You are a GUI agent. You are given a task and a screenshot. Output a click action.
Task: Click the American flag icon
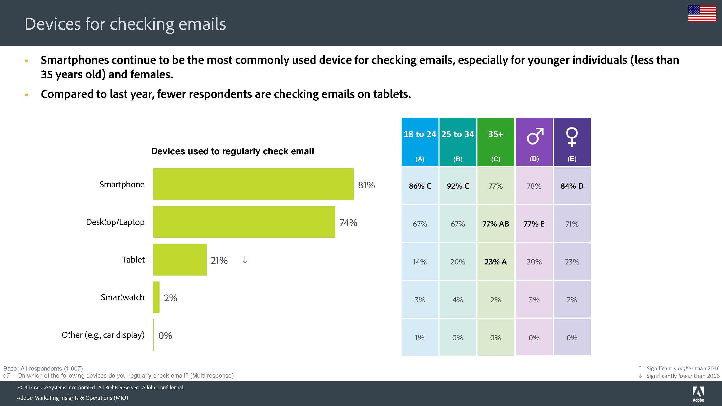702,14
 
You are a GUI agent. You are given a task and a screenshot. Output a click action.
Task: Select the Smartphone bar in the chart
253,184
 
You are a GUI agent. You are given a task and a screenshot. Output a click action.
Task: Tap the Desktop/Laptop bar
244,222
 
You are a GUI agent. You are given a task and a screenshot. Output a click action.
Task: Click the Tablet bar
180,260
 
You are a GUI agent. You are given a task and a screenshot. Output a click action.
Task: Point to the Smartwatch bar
156,297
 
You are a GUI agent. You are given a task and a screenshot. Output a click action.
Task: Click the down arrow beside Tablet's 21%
245,260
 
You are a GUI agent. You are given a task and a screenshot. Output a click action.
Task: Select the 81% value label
366,185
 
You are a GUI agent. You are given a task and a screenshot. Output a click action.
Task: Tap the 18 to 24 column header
419,142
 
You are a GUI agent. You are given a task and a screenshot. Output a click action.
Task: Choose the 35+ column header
496,142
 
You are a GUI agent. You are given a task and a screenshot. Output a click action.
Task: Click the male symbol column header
534,142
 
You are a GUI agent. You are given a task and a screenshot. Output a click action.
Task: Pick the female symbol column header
572,142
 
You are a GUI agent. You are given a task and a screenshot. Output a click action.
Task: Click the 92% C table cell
458,186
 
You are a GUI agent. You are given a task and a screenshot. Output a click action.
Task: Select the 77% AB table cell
496,224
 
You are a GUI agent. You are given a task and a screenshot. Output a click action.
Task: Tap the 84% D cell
572,186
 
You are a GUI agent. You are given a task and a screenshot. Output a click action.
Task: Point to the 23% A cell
496,262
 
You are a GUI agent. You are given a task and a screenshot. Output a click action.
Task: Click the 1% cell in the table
419,338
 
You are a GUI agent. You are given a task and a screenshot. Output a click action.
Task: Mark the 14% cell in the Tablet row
419,262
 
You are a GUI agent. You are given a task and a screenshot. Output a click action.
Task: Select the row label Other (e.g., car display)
103,335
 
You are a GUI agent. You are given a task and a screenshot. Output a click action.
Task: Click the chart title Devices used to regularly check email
232,151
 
